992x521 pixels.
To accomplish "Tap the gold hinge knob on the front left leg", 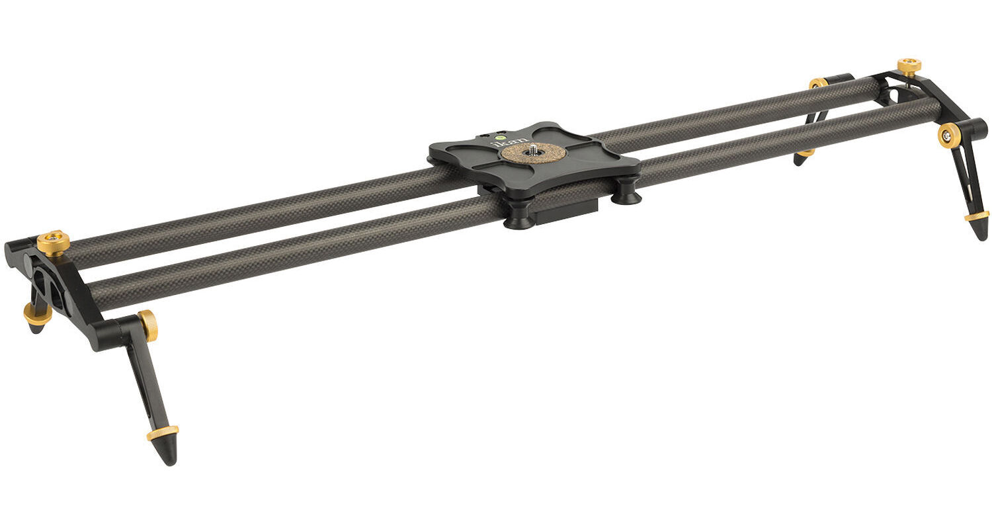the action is pos(148,326).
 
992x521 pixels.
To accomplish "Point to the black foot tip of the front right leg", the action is pos(980,230).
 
